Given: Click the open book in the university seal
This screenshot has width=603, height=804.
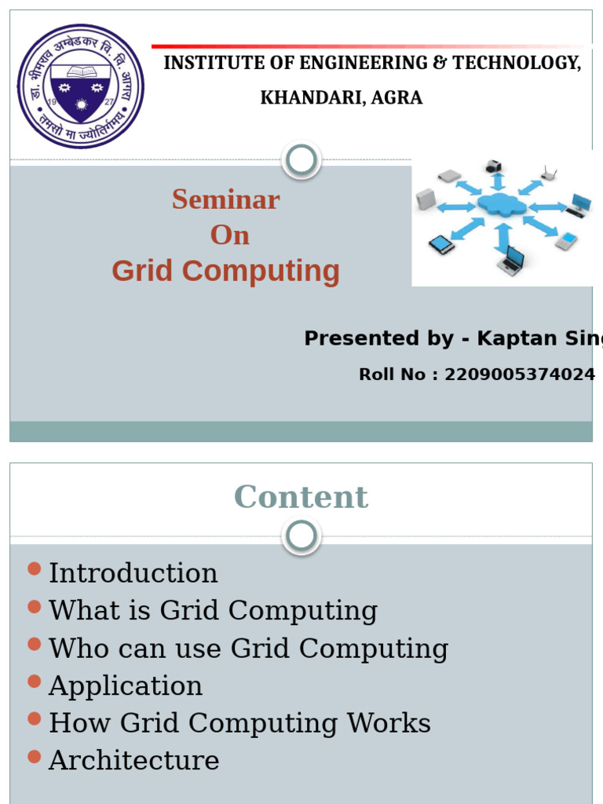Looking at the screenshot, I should coord(81,71).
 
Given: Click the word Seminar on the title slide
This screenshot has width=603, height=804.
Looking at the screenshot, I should coord(226,199).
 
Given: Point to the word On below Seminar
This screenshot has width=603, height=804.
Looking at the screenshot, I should coord(229,235).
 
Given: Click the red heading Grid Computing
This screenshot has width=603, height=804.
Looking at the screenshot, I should coord(226,271).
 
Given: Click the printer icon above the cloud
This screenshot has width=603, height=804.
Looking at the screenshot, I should coord(493,166).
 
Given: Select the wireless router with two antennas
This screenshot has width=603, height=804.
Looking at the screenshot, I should coord(549,173).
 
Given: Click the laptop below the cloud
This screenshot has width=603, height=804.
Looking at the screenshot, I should coord(511,260).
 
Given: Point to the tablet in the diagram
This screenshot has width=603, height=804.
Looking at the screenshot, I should coord(441,244).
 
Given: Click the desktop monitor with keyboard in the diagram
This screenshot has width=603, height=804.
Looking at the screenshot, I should coord(579,205).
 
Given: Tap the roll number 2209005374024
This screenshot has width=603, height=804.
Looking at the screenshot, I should coord(519,375).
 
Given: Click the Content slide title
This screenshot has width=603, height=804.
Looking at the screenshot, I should coord(301,497).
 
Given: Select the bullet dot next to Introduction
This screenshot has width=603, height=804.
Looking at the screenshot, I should coord(34,569).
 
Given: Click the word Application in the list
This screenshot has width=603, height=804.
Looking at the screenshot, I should coord(126,685).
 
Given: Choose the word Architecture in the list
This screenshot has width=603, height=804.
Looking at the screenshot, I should coord(134,760).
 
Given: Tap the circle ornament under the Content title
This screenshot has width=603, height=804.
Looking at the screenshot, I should coord(301,537).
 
